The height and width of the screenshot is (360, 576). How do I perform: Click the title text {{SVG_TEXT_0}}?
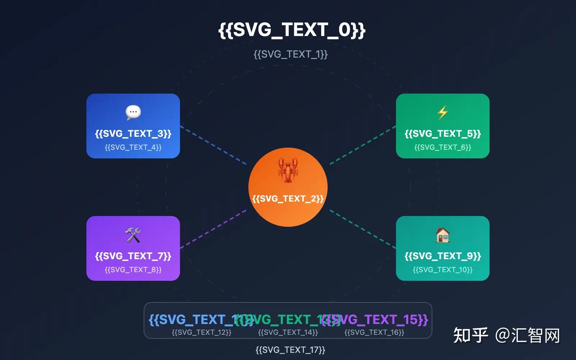tap(292, 30)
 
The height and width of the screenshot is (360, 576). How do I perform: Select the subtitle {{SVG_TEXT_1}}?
tap(291, 54)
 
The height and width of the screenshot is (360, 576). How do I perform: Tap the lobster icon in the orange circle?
tap(288, 170)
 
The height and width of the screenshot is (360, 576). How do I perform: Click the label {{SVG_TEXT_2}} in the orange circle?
tap(288, 199)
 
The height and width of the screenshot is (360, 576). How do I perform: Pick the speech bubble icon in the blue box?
tap(133, 112)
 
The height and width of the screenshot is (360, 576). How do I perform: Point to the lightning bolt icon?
tap(442, 112)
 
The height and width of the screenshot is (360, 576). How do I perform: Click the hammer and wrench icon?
tap(133, 235)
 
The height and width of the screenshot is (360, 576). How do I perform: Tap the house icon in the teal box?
tap(442, 235)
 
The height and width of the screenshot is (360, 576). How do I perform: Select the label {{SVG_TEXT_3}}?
tap(133, 134)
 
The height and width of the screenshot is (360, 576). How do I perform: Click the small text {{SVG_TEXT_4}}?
tap(133, 147)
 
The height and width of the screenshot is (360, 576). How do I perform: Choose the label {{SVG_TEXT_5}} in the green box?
tap(443, 134)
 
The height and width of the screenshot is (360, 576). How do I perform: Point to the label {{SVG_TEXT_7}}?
tap(133, 256)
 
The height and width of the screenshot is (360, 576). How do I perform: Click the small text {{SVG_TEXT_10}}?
tap(443, 270)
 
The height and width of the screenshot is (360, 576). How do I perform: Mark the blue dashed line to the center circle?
tap(213, 145)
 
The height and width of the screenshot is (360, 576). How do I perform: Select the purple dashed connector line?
tap(213, 229)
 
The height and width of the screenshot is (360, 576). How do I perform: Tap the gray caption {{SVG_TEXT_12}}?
tap(202, 332)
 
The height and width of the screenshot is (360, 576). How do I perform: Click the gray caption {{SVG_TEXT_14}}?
tap(288, 332)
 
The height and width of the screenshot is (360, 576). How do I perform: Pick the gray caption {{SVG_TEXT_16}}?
tap(374, 332)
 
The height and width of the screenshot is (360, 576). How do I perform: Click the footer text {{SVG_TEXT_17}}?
tap(291, 350)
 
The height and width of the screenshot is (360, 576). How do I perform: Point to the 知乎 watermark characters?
tap(470, 336)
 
